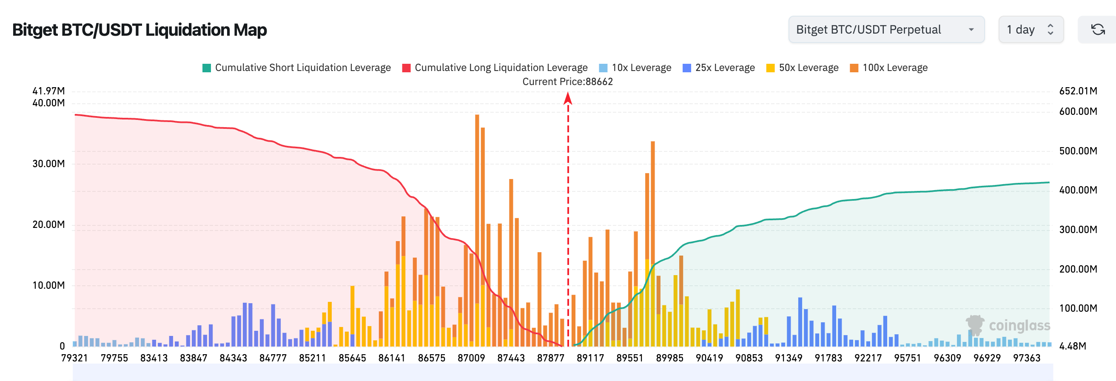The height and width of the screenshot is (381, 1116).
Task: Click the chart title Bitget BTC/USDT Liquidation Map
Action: click(139, 30)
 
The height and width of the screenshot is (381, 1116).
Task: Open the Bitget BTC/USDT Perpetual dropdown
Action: click(885, 29)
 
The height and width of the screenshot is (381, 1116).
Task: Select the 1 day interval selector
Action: click(1030, 29)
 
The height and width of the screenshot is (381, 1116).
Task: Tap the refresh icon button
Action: click(1097, 29)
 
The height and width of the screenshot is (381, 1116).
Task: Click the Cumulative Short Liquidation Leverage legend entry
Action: click(297, 68)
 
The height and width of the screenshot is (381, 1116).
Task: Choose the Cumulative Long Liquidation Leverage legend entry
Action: click(495, 68)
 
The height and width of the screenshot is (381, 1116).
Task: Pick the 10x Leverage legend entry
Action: click(635, 68)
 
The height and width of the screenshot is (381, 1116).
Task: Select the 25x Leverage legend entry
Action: click(719, 68)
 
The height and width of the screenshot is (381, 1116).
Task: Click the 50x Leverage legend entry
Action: click(803, 68)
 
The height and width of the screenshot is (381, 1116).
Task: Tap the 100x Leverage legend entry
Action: click(889, 68)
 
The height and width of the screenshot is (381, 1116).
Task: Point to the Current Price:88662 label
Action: click(567, 81)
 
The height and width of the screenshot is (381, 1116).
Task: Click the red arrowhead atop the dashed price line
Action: click(568, 99)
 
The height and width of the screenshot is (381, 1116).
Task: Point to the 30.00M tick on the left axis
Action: click(48, 164)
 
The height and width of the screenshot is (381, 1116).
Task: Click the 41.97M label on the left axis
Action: click(48, 91)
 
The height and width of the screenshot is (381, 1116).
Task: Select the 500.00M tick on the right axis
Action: click(1078, 151)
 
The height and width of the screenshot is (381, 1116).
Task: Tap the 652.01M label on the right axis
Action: click(1078, 91)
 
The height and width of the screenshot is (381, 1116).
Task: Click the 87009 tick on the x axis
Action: click(471, 358)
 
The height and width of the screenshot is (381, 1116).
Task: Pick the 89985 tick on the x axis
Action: click(670, 358)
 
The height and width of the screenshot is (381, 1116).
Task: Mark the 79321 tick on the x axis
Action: click(74, 358)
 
